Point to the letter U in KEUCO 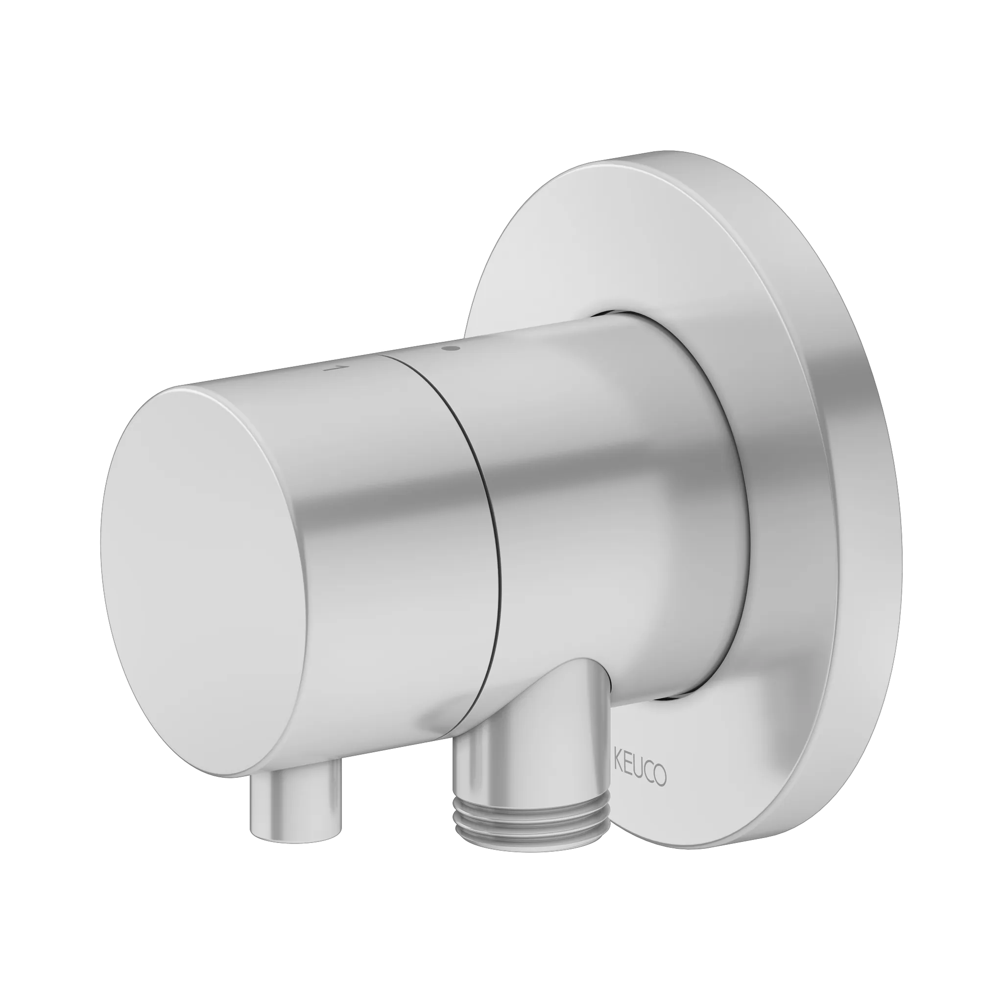[x=639, y=762]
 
